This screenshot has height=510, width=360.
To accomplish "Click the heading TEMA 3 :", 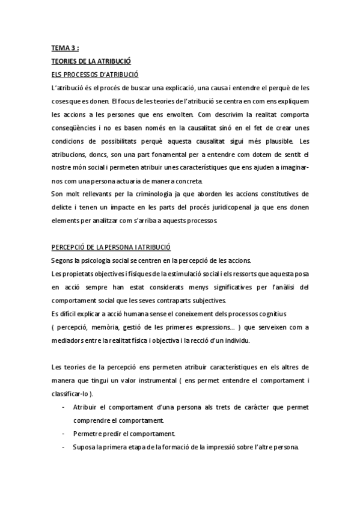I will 65,49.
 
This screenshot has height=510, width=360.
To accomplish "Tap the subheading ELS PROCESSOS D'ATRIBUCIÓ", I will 95,75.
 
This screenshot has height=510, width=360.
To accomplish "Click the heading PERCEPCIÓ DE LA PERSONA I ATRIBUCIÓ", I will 111,247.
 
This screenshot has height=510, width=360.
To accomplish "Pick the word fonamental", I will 174,155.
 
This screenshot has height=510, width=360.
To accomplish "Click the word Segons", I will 63,260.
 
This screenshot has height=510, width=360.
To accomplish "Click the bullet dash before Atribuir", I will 63,407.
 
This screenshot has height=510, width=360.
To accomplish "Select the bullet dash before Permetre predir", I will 63,434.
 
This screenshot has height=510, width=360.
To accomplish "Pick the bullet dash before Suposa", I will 63,447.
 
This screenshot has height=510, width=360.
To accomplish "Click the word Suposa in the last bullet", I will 85,447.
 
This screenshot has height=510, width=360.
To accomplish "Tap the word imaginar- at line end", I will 292,168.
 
